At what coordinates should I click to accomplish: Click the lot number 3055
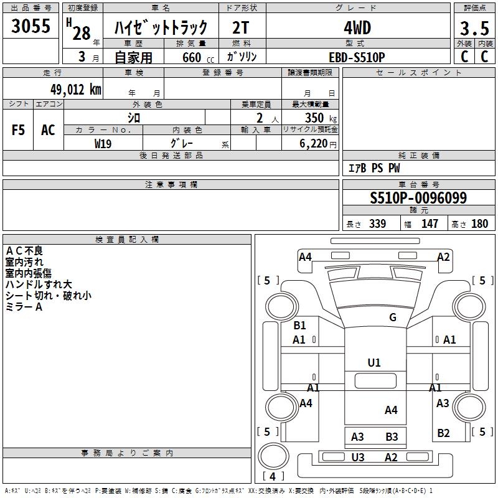click(31, 26)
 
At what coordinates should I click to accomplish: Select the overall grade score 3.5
click(474, 29)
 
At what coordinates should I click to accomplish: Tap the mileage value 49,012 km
click(75, 90)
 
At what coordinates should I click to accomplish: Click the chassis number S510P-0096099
click(418, 198)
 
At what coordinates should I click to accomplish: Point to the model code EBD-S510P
click(357, 57)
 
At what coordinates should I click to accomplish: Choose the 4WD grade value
click(357, 28)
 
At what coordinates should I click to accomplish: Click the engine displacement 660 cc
click(198, 58)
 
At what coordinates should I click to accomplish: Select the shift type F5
click(18, 130)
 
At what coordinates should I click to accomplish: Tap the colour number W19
click(103, 144)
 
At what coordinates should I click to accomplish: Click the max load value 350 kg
click(321, 118)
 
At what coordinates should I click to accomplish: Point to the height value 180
click(479, 224)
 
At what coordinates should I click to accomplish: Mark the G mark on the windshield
click(393, 317)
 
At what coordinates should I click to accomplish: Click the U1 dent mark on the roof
click(374, 363)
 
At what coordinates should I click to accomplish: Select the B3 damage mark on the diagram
click(392, 437)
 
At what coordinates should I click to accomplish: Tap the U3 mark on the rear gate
click(358, 458)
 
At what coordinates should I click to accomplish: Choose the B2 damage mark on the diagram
click(443, 433)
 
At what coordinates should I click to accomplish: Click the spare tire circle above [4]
click(273, 456)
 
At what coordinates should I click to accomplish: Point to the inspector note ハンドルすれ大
click(39, 284)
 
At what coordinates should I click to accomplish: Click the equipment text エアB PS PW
click(374, 168)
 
